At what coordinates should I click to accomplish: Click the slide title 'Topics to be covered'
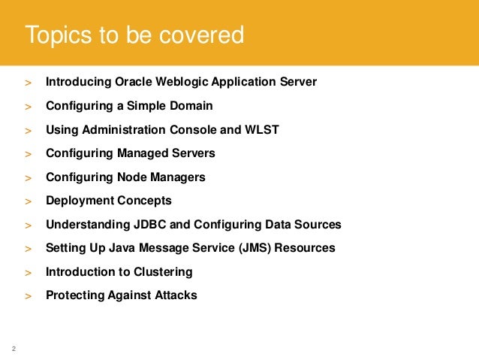click(x=134, y=35)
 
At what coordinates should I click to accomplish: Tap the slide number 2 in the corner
click(x=14, y=348)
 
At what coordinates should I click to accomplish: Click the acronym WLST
click(x=262, y=129)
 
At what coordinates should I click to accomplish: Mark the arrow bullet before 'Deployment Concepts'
click(x=28, y=202)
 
